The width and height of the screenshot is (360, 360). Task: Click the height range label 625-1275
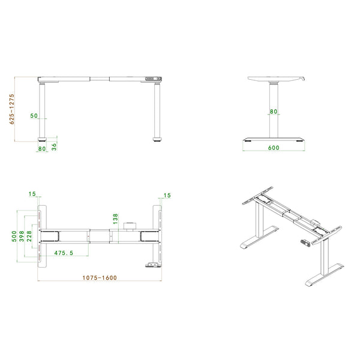12,109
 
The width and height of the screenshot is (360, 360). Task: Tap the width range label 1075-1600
100,278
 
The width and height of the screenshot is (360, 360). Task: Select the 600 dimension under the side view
274,148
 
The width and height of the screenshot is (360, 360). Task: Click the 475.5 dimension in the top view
64,253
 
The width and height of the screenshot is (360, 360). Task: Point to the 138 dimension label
115,219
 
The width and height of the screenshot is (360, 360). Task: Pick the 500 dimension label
14,236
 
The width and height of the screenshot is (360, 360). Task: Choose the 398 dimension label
22,236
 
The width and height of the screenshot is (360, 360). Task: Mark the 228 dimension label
29,236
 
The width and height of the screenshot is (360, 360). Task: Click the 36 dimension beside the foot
54,147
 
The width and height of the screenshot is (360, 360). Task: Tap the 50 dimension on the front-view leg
34,115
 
